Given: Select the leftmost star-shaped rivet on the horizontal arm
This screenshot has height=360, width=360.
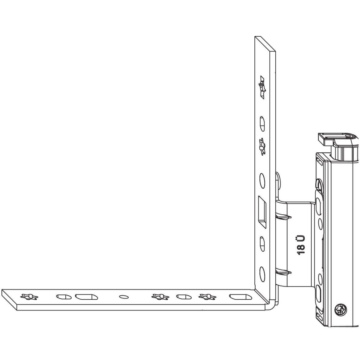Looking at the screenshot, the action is click(29, 296).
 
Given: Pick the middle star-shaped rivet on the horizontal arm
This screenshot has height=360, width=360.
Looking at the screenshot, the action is click(160, 296).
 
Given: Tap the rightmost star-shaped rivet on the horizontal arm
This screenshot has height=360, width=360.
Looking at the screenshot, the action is click(207, 296).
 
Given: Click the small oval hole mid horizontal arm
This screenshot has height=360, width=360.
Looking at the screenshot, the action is click(124, 297).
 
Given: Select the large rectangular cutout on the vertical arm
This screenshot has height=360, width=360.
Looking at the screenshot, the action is click(262, 212).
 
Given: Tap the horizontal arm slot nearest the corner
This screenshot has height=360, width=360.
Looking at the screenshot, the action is click(239, 297).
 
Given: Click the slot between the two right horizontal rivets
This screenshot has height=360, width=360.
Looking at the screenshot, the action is click(184, 297).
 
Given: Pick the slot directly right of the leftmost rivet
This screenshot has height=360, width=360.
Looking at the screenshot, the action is click(64, 297).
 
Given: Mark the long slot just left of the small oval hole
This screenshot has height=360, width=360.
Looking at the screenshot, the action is click(86, 297).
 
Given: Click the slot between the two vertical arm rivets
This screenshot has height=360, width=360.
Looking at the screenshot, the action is click(262, 124).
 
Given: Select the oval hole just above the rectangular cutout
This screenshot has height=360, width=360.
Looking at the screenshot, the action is click(262, 181).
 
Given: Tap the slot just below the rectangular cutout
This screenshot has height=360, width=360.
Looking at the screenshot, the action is click(262, 244).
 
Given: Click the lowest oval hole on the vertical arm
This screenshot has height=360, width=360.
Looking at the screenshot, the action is click(262, 274).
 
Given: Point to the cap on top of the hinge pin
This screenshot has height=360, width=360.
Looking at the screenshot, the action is click(338, 139).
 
